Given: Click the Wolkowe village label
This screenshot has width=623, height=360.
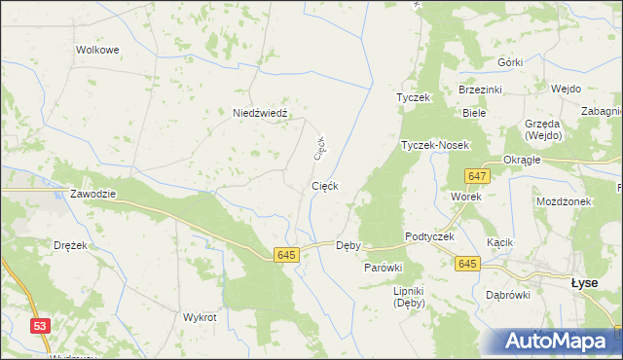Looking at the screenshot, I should coord(97,49).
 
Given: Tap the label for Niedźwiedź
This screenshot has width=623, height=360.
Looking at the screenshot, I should coord(260,113).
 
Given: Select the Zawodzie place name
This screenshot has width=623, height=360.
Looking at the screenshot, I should coord(92,194).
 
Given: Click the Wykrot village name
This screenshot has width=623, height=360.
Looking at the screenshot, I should coord(200,318).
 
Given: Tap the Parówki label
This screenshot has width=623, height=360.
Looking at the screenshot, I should coord(384,267).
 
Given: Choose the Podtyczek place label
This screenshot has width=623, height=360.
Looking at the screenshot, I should coord(430,238).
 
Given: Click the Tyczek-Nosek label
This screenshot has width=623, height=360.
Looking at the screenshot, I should coord(435,145).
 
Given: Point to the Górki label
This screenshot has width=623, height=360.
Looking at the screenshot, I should coord(509,62).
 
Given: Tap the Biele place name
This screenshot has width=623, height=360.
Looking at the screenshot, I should coord(474,113).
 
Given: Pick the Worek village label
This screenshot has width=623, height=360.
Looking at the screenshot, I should coord(466,196).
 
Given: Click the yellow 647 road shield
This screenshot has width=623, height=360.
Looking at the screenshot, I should coord(476,175).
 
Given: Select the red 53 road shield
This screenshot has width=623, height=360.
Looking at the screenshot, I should coord(40,327).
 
